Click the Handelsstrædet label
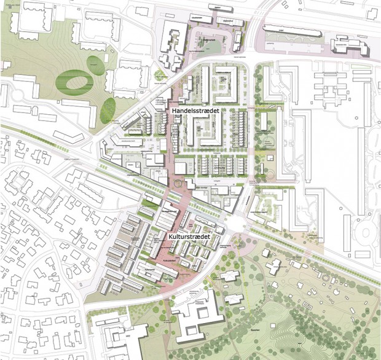point(196,110)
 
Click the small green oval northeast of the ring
point(93,61)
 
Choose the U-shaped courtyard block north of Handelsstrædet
point(225,84)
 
